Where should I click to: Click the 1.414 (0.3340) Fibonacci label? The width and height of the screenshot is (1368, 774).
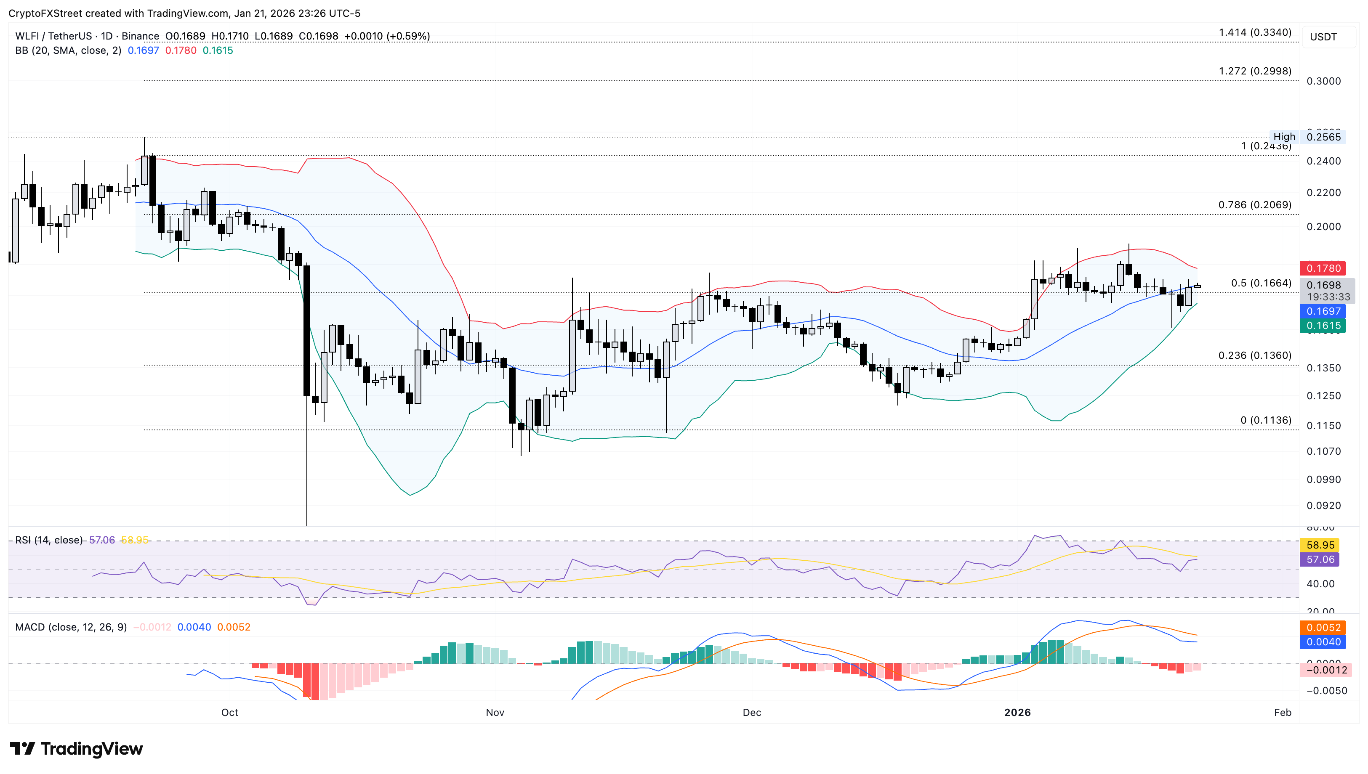[1255, 32]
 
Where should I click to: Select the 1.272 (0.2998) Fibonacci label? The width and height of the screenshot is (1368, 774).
[1255, 71]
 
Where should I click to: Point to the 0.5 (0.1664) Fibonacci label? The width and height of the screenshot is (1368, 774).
[1261, 284]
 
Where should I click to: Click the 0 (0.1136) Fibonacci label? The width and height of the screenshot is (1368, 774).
[1265, 421]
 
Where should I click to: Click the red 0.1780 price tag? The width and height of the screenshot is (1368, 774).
[1323, 268]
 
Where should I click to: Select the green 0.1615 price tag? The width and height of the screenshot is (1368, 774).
[1323, 326]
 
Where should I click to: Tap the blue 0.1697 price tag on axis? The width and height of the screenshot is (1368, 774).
[1323, 312]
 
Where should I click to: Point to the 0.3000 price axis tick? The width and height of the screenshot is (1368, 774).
[1323, 81]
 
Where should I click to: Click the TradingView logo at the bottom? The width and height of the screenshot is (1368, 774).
[77, 749]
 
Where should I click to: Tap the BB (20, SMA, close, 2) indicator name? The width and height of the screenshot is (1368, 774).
[68, 51]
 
